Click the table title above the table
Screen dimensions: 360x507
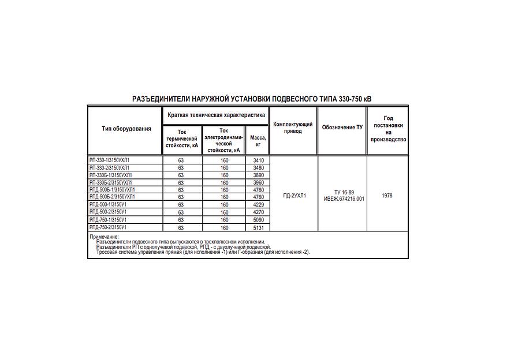252,99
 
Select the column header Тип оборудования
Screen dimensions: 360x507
126,129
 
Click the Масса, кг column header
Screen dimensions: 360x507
258,141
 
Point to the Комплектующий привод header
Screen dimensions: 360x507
293,127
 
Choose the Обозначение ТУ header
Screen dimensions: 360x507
342,127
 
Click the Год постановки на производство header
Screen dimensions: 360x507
388,129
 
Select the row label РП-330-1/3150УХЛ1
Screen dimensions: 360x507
110,160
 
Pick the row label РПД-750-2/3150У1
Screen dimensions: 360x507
108,227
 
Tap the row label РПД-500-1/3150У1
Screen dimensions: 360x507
108,205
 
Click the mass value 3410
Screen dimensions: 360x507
258,160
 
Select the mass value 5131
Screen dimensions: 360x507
258,228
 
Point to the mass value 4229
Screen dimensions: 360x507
258,205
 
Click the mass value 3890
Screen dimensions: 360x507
258,175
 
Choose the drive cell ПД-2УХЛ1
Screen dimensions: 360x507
294,196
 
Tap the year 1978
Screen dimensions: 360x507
387,196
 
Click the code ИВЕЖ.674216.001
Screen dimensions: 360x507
344,199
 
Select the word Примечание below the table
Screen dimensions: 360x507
104,237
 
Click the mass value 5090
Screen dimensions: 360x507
258,220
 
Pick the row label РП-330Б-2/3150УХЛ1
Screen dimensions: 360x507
111,182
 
